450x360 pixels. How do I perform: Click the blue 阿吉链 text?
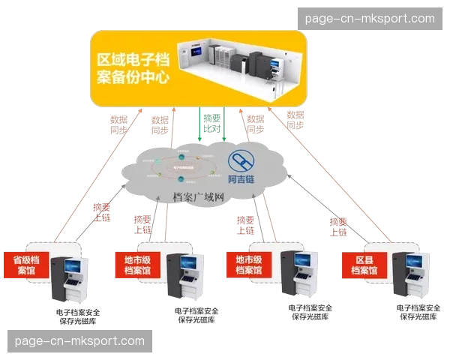coord(241,180)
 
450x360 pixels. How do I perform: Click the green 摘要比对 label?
coord(213,124)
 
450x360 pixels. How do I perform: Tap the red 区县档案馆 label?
coord(365,264)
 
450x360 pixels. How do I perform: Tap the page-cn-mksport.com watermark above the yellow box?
coord(370,18)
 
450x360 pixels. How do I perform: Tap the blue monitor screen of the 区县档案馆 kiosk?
coord(413,264)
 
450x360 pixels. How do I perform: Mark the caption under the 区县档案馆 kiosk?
coord(417,313)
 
